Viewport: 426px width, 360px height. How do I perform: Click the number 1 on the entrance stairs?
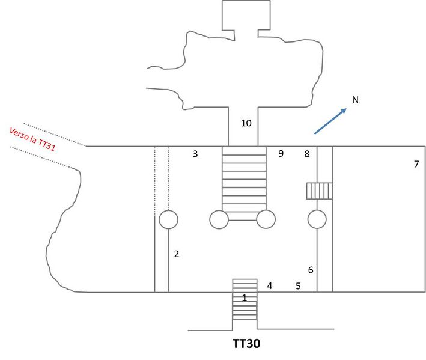click(245, 297)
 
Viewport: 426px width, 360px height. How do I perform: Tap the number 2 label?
click(177, 254)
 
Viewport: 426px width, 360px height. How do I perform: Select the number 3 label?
click(195, 154)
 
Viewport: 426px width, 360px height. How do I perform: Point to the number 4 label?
click(270, 286)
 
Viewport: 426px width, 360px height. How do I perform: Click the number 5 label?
click(298, 286)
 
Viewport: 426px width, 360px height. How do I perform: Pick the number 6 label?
click(311, 270)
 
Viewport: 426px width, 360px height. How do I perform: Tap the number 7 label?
click(416, 164)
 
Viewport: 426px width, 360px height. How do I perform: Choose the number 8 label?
click(307, 154)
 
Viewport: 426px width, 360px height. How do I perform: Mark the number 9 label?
click(281, 154)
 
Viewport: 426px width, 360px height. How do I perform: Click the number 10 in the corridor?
click(246, 124)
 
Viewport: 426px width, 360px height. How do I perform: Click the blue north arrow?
click(330, 121)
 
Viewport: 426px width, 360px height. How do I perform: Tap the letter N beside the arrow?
click(355, 100)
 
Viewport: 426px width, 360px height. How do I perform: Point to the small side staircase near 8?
click(319, 191)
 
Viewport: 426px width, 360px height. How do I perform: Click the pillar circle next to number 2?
click(168, 219)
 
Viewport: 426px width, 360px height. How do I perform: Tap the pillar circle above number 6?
click(317, 219)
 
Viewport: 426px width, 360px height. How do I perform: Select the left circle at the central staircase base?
click(219, 219)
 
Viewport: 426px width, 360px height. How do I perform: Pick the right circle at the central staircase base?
click(266, 219)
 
